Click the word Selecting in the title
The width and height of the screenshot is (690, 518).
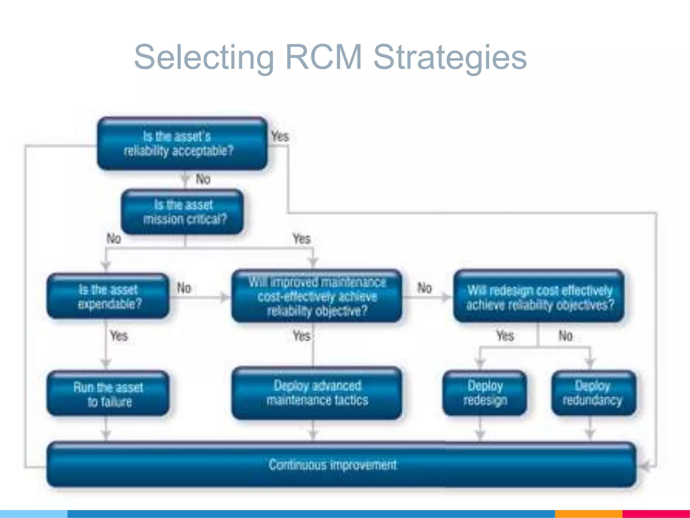(x=204, y=57)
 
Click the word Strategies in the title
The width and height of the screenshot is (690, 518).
(x=450, y=57)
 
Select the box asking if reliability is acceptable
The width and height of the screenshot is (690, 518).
(x=182, y=144)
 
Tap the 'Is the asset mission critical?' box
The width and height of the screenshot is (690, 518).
(x=182, y=212)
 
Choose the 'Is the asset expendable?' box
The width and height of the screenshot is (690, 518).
(x=108, y=296)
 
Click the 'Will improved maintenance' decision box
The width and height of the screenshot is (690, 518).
(x=317, y=296)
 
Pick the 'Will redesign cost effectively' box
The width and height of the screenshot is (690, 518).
(x=538, y=296)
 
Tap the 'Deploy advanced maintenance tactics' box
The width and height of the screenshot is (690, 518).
(x=317, y=393)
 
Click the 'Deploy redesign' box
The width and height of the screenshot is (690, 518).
(x=484, y=393)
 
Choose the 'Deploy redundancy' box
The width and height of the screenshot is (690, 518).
(x=593, y=393)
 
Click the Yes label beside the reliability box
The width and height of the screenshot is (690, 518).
(x=280, y=137)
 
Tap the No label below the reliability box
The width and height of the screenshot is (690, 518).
(x=203, y=179)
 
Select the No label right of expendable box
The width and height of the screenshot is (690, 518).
(x=184, y=288)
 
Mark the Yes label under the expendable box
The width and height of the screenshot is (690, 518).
(x=119, y=336)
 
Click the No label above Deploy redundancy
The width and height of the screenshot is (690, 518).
(x=565, y=336)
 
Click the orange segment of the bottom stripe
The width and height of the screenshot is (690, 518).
(x=588, y=514)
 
